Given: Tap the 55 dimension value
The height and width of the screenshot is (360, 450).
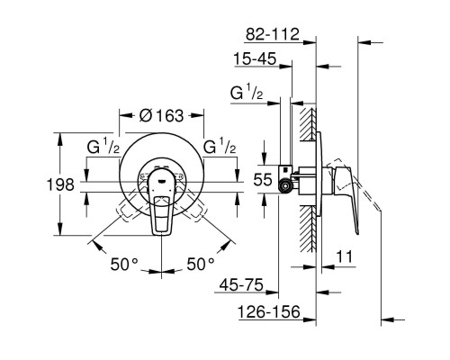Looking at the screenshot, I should point(262,180).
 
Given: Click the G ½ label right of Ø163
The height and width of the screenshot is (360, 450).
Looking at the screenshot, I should point(220,147).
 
